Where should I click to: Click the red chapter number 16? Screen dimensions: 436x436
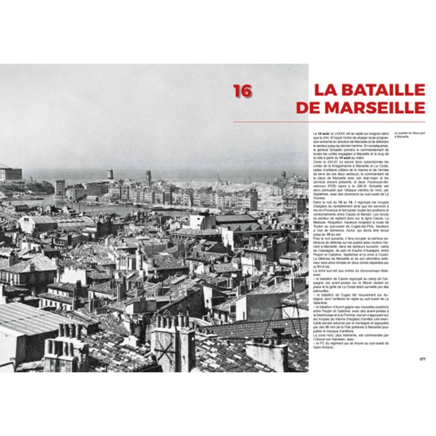coord(243,90)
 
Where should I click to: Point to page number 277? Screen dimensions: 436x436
coord(422,359)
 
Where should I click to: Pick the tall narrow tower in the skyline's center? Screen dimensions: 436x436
coord(148,177)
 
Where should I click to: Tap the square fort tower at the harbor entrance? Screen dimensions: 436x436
coord(60,187)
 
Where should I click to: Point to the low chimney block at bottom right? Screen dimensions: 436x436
coord(267,354)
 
